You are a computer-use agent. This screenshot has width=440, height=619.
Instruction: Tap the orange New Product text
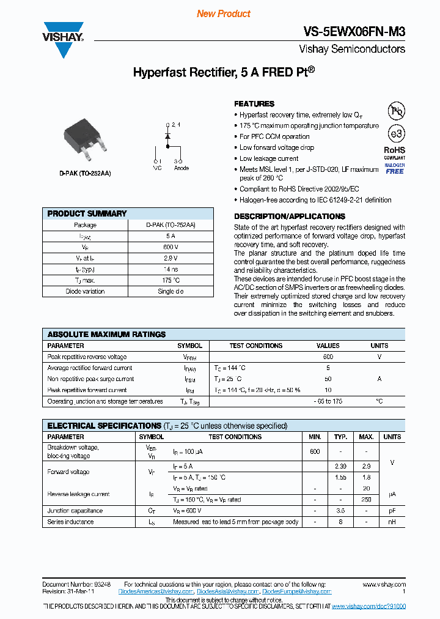point(224,13)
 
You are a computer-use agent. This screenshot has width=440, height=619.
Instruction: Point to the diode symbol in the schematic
point(167,137)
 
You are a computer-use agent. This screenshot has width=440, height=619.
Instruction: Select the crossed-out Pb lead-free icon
point(397,111)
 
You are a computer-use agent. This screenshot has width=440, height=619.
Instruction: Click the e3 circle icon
point(397,133)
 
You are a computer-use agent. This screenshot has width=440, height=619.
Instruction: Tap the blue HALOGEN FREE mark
point(395,168)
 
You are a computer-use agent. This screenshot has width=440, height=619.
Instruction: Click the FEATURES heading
point(254,104)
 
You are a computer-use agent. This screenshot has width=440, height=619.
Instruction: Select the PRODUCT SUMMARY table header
point(87,213)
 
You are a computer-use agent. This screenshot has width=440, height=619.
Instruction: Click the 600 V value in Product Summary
point(170,247)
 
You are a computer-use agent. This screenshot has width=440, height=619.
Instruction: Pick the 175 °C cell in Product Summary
point(170,280)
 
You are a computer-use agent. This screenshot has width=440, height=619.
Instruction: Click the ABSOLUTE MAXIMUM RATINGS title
point(106,335)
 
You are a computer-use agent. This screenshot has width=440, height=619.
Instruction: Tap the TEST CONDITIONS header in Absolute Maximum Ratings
point(255,346)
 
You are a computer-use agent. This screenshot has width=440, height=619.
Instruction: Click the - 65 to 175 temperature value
point(328,401)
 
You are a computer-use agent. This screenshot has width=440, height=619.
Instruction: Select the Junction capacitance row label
point(75,511)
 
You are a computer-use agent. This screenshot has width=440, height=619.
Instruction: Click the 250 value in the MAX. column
point(366,500)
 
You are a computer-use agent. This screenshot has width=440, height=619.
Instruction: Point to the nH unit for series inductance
point(392,522)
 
